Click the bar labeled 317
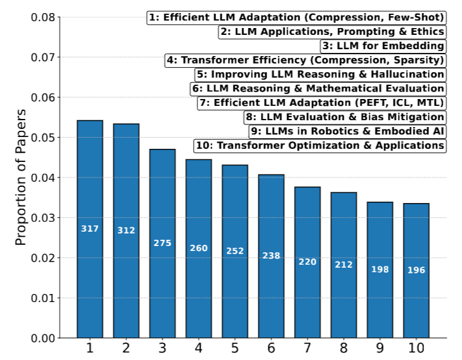click(90, 229)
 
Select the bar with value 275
click(163, 243)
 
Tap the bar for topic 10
click(416, 270)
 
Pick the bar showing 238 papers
click(271, 256)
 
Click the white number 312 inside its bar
click(126, 230)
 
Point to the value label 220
click(307, 262)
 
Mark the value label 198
click(380, 269)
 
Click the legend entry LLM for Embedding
click(383, 45)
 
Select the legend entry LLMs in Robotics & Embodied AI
click(347, 131)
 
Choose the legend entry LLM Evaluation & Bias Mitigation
click(345, 117)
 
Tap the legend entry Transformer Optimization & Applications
click(320, 146)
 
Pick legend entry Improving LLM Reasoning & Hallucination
click(320, 74)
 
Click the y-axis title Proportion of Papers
click(21, 177)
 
